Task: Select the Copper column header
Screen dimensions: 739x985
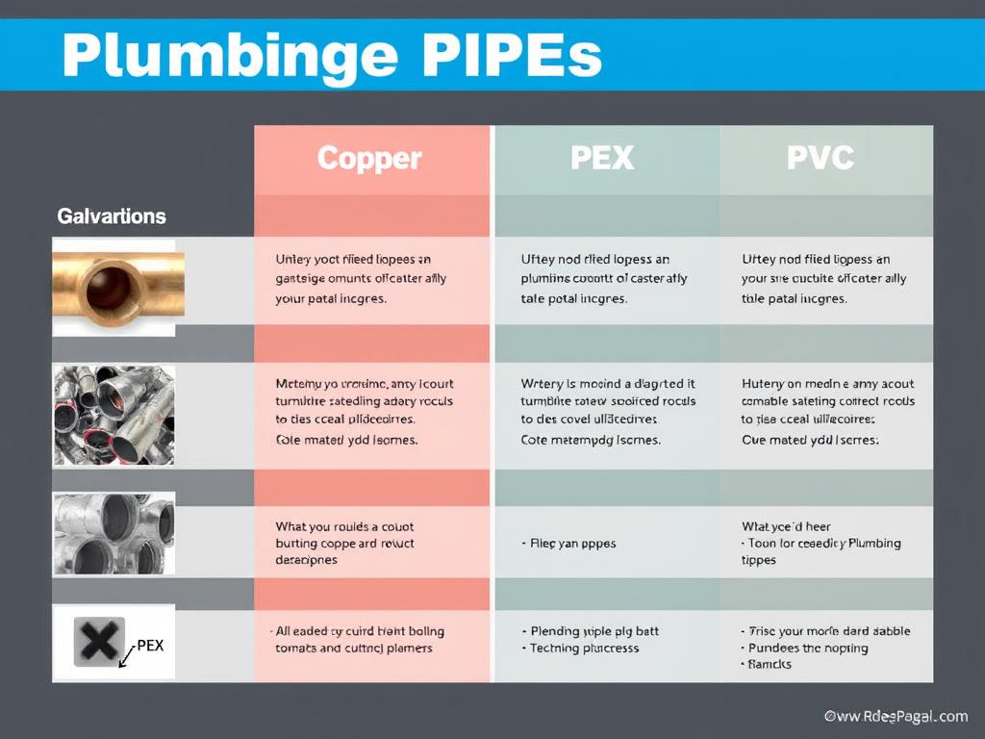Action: click(x=369, y=158)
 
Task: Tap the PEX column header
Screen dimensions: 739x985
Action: click(x=602, y=158)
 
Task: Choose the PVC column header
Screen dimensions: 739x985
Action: click(x=820, y=158)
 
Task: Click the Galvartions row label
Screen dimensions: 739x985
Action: click(x=112, y=217)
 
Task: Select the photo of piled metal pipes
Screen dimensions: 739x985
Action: click(x=114, y=415)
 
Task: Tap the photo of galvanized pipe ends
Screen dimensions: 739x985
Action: click(x=114, y=535)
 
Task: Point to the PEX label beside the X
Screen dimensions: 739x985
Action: click(x=150, y=646)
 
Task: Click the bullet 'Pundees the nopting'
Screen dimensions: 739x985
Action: click(x=807, y=649)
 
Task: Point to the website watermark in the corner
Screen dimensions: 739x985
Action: click(x=896, y=716)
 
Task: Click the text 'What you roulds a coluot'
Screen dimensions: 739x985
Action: click(x=344, y=527)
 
